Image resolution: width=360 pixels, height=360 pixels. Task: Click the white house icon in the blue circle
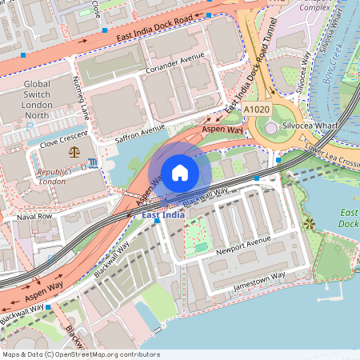[x=180, y=172]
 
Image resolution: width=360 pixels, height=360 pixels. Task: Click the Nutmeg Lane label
[x=82, y=96]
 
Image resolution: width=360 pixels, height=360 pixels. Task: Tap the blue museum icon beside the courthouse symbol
[x=94, y=163]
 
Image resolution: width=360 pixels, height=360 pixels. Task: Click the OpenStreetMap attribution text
[x=80, y=354]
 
